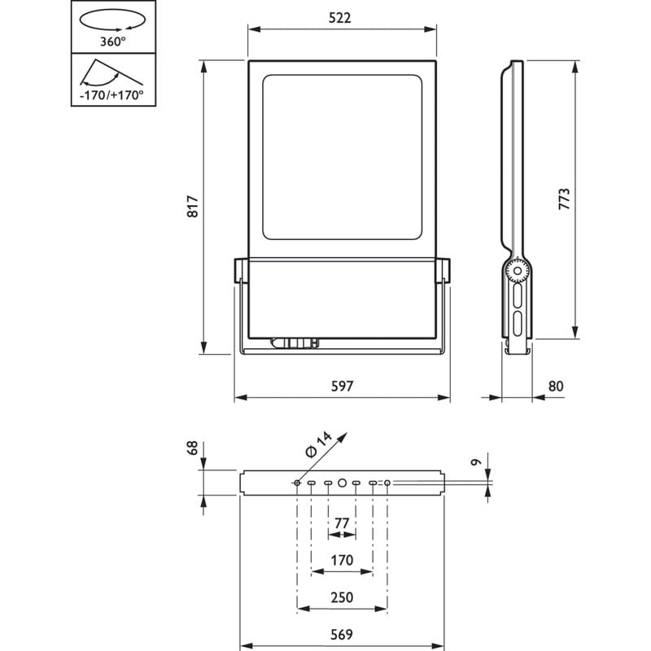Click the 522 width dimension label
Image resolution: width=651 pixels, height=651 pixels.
pos(339,18)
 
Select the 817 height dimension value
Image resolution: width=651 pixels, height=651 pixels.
pos(193,207)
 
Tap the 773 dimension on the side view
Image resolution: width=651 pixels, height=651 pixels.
pos(564,199)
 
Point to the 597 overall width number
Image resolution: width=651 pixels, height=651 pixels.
pos(342,386)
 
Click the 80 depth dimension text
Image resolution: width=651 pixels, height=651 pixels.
pos(556,386)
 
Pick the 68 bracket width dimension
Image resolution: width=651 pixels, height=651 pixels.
pos(193,448)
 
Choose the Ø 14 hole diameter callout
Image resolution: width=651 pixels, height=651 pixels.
pos(318,444)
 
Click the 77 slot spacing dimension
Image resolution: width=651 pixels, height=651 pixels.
pos(342,523)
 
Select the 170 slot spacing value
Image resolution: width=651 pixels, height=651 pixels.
pos(342,560)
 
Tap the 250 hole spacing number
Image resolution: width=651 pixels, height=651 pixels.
pos(342,597)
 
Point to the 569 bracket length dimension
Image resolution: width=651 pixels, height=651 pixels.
pos(342,635)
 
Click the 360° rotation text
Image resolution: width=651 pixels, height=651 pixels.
pos(112,42)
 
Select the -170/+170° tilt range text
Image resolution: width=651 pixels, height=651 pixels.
pos(111,95)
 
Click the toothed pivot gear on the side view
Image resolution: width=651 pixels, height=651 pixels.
pos(518,271)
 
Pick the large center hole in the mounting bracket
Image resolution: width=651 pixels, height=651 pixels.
pos(342,483)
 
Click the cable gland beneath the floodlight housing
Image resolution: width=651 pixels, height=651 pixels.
pos(295,343)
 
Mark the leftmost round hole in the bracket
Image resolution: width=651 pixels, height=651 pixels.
pos(297,483)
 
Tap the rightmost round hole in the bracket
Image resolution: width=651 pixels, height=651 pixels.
pos(387,483)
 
